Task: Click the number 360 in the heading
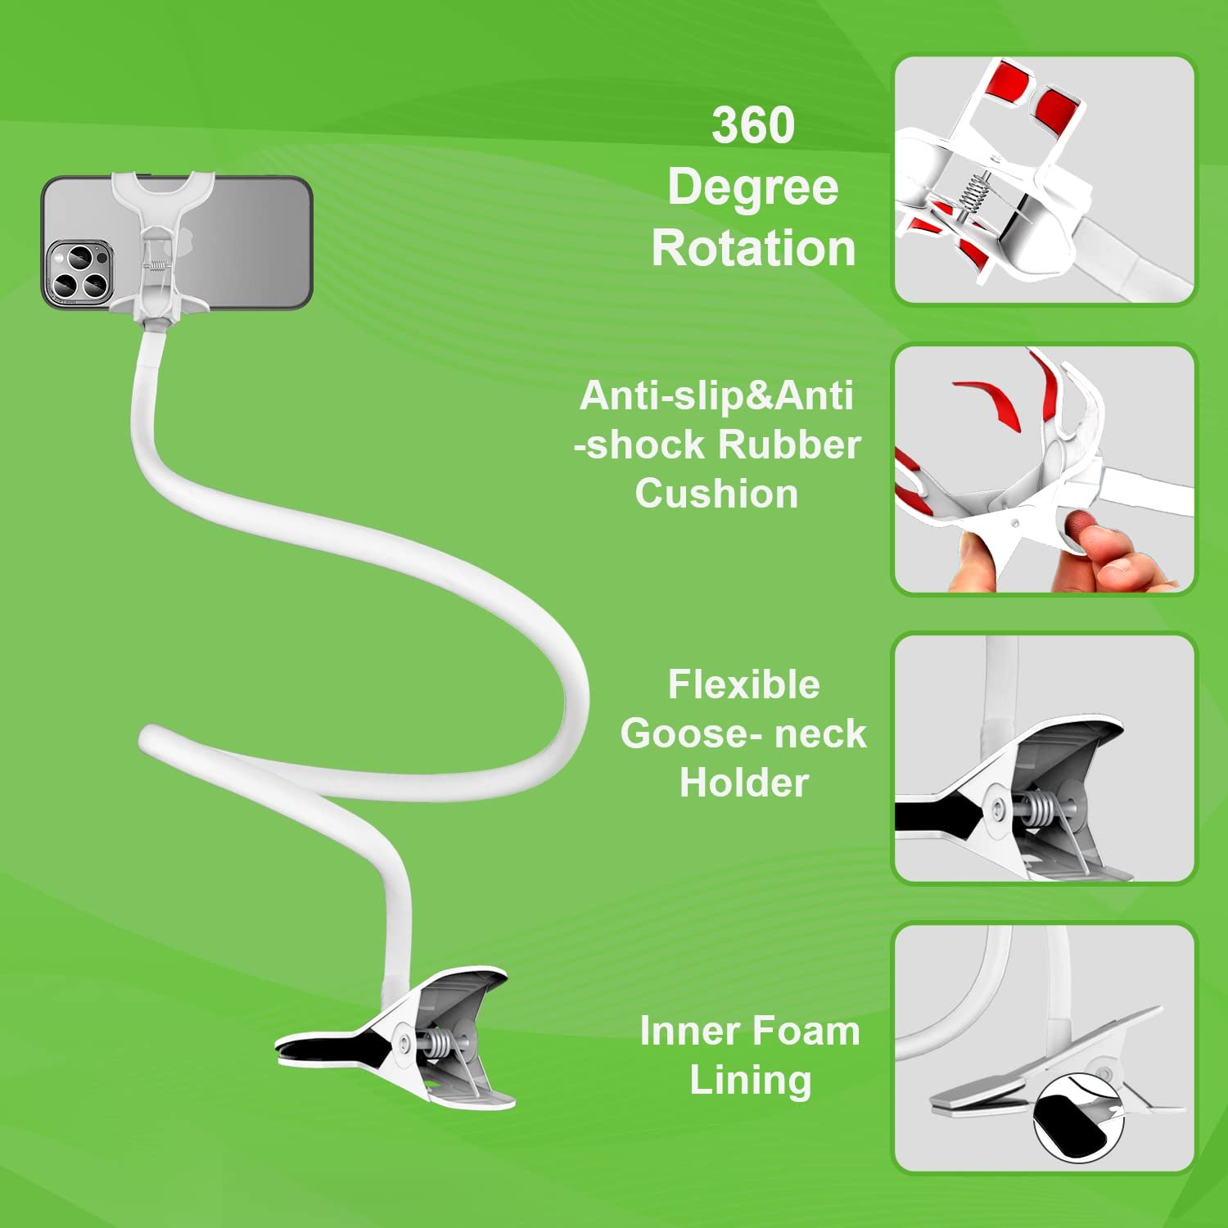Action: point(752,125)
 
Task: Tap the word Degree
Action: point(752,187)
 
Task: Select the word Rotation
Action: point(753,248)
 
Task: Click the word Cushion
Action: point(716,494)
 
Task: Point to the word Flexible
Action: point(743,684)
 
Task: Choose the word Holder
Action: point(743,783)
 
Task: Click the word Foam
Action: point(806,1031)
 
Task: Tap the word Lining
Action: point(750,1080)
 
